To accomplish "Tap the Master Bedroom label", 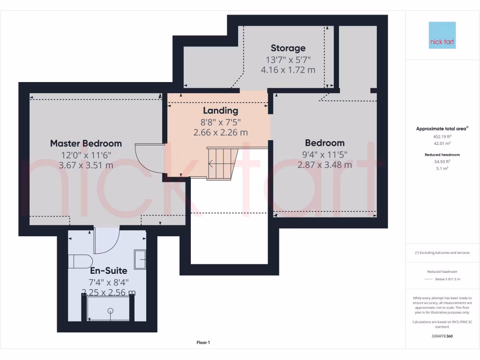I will tap(86, 143).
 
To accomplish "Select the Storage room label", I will tap(288, 48).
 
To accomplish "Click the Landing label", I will tap(220, 111).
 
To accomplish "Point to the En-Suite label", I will tap(108, 271).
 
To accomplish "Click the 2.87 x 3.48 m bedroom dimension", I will tap(324, 165).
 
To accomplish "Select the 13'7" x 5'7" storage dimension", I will tap(288, 60).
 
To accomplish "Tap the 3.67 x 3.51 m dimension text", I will tap(86, 165).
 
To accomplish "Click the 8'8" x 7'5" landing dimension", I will tap(220, 122).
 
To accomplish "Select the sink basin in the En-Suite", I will tap(140, 259).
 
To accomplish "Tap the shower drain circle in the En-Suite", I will tap(111, 310).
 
